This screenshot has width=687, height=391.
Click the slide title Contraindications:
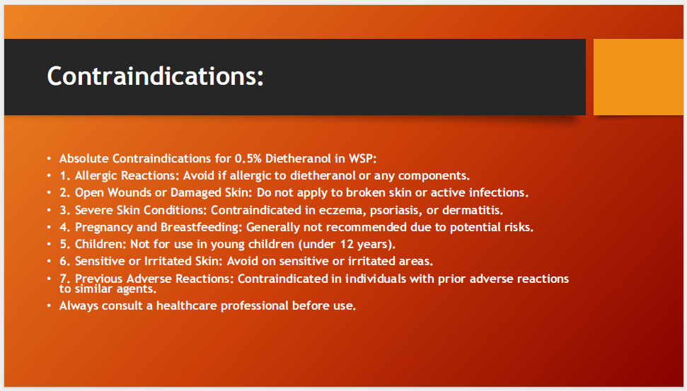click(155, 76)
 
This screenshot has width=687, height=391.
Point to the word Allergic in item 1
click(98, 175)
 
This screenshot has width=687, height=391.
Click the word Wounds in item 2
click(132, 192)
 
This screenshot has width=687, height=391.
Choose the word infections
click(500, 192)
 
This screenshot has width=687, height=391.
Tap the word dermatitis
click(472, 210)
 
